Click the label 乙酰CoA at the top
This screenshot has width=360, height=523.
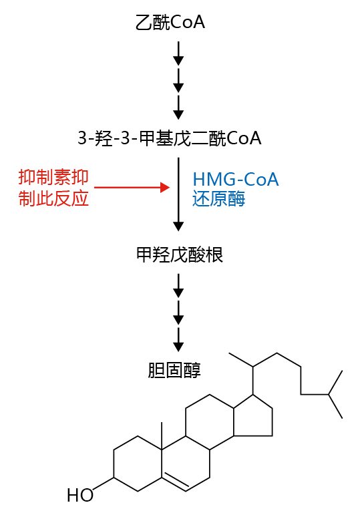pos(170,23)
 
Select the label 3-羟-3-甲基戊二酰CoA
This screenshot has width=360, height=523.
pos(170,138)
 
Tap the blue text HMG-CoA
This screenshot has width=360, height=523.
pos(236,180)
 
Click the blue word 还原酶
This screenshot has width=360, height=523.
pos(218,199)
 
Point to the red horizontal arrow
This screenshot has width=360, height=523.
pos(132,188)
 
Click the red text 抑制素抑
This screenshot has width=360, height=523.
pos(53,177)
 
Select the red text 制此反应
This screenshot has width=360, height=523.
pos(53,198)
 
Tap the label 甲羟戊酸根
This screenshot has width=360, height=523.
pos(180,255)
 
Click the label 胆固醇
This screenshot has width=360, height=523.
pos(174,370)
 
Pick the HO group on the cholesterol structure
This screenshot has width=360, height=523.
pos(80,496)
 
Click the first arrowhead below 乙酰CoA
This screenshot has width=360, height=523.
pos(178,61)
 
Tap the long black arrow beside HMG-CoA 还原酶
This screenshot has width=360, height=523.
pos(178,194)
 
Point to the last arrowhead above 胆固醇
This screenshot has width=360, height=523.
pos(178,347)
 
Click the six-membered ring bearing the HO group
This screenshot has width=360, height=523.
pos(114,464)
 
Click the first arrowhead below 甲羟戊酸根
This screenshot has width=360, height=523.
pos(178,293)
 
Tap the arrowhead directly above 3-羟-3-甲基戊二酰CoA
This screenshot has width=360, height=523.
pos(178,114)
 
